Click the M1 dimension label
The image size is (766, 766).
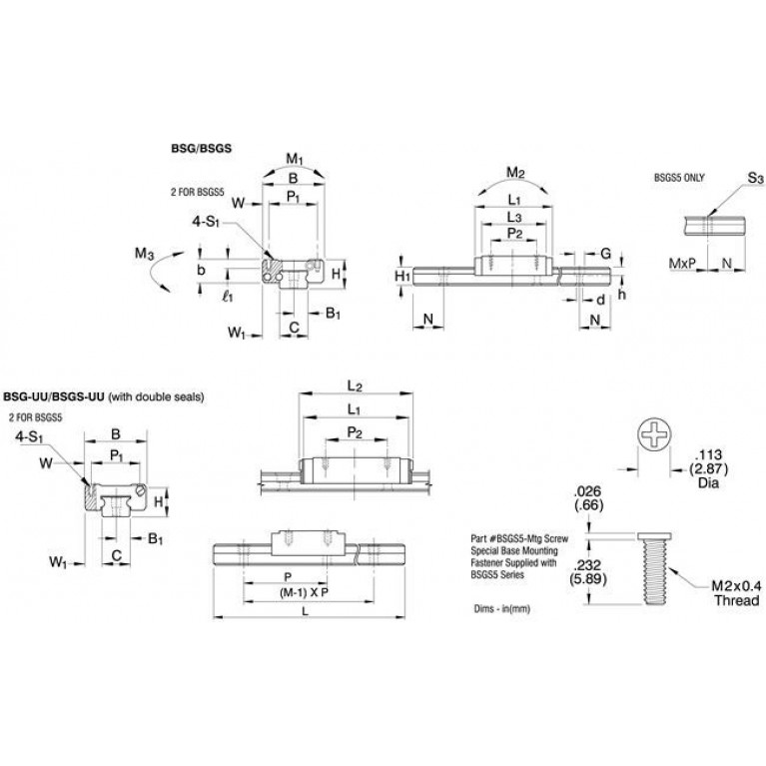(x=295, y=160)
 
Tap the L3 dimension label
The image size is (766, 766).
(x=514, y=217)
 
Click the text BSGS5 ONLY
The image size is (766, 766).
(x=679, y=178)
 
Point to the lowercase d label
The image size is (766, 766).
(x=601, y=299)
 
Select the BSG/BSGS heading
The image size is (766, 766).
(x=201, y=148)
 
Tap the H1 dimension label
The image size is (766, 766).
(x=402, y=276)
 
